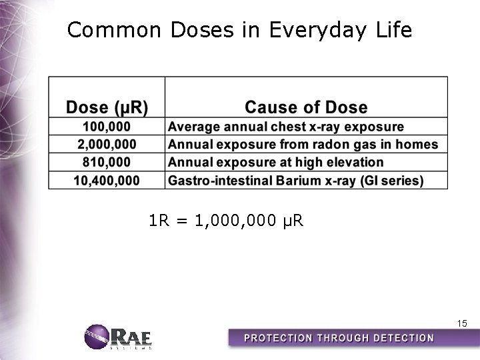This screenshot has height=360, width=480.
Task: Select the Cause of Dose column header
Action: pyautogui.click(x=306, y=107)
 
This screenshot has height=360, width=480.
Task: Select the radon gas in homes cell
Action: pyautogui.click(x=303, y=144)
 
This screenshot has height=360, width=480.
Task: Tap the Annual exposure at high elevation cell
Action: pyautogui.click(x=276, y=162)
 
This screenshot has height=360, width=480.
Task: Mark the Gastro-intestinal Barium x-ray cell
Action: pyautogui.click(x=295, y=180)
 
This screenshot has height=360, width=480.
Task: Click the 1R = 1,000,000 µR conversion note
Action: pyautogui.click(x=227, y=219)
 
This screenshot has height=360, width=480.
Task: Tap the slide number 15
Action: pyautogui.click(x=461, y=323)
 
